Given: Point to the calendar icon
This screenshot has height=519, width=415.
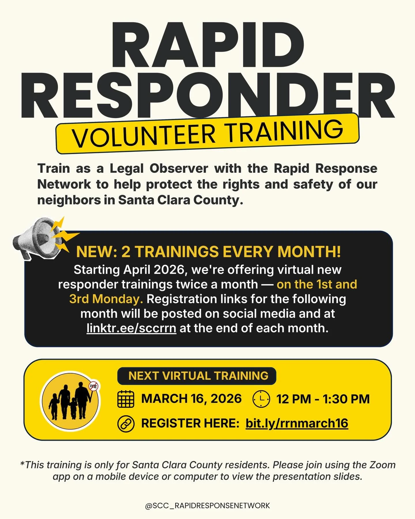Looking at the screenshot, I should [126, 399].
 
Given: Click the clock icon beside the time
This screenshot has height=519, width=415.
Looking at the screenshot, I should [261, 399].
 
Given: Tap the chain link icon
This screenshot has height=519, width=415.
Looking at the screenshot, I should [126, 424].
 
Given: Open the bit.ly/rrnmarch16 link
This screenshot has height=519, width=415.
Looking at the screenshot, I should [297, 423].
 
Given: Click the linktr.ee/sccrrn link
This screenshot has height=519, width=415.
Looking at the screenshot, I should [131, 328].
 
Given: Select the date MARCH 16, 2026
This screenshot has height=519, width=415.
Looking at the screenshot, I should [191, 399].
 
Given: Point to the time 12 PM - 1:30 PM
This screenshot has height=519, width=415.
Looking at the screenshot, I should [323, 399].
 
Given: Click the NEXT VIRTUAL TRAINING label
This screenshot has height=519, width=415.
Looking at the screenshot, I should [198, 376].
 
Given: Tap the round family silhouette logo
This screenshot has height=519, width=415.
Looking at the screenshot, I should [70, 401].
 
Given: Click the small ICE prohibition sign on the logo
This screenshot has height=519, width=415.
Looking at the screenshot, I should [94, 386].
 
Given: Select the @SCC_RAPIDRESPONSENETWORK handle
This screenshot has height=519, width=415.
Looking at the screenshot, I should [207, 505].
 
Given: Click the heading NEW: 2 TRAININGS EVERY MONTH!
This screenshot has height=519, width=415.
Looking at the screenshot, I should [208, 252].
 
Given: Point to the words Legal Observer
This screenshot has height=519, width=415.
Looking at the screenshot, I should [159, 168].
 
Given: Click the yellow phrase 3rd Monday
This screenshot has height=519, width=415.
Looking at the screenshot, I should [106, 299].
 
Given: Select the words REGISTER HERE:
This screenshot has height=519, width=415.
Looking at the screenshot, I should [190, 423].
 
